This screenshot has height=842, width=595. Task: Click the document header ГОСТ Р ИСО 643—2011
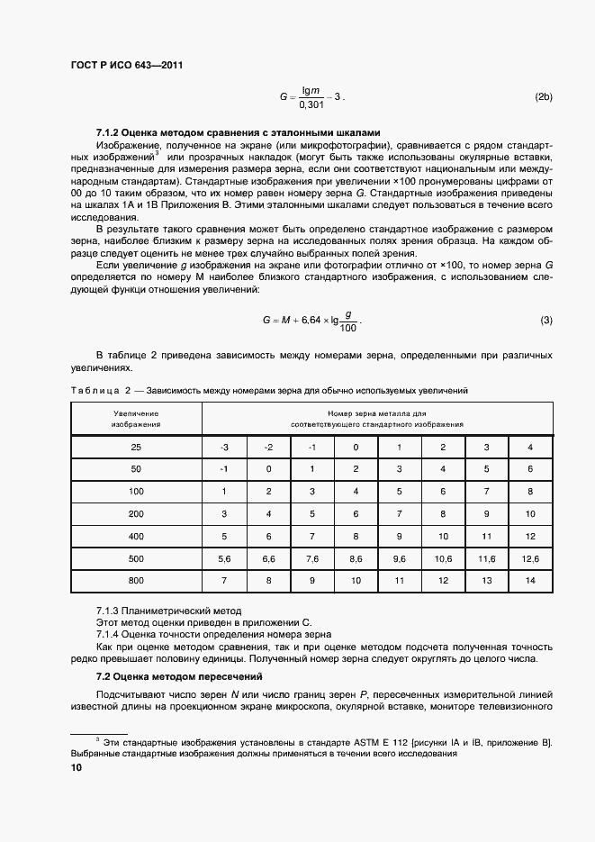pyautogui.click(x=128, y=65)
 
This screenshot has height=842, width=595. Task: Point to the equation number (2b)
pyautogui.click(x=544, y=96)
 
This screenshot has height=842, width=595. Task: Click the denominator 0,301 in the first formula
pyautogui.click(x=310, y=105)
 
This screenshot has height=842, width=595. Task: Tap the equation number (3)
pyautogui.click(x=546, y=321)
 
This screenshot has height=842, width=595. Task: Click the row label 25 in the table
pyautogui.click(x=136, y=448)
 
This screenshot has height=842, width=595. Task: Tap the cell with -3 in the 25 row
pyautogui.click(x=225, y=448)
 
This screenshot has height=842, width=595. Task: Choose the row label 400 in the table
pyautogui.click(x=136, y=537)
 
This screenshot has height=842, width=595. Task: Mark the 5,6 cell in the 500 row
pyautogui.click(x=225, y=559)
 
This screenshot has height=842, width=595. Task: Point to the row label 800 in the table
pyautogui.click(x=136, y=582)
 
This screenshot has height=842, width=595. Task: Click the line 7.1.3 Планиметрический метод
pyautogui.click(x=168, y=611)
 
